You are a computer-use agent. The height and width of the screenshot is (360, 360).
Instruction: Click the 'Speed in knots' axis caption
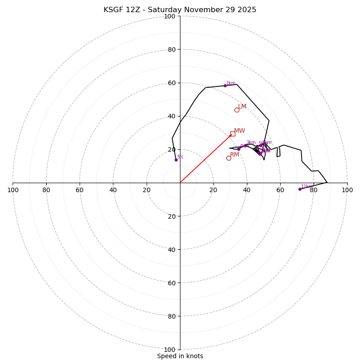tap(180, 356)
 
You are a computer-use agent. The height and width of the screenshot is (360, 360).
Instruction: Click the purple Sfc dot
tap(176, 160)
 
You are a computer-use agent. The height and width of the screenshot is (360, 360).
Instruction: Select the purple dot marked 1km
tap(225, 85)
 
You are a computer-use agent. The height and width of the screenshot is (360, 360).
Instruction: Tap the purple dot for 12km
tap(300, 189)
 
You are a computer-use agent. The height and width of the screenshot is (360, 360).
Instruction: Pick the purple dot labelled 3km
tap(246, 146)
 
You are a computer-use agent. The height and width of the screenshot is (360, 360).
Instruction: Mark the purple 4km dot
tap(238, 149)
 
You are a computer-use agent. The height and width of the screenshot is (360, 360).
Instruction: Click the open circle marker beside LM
tap(237, 110)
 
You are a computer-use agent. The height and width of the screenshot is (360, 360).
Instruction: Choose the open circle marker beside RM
tap(229, 158)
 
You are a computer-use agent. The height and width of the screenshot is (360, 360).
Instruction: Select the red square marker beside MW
tap(233, 134)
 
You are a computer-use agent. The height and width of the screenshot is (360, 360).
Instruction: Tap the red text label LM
tap(242, 107)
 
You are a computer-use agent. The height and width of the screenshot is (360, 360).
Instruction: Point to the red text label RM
tap(234, 155)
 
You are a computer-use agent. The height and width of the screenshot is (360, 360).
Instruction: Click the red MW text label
tap(239, 131)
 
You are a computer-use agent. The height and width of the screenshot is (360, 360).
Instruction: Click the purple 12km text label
tap(307, 186)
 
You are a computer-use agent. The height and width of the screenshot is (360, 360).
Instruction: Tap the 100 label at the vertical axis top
tap(170, 16)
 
